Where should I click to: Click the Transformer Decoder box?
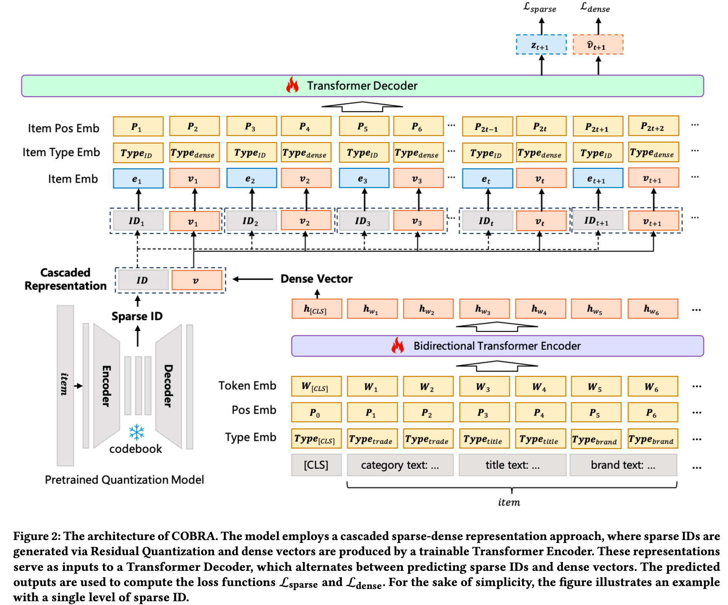tap(362, 86)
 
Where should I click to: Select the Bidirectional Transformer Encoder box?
tap(497, 346)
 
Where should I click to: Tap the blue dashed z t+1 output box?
tap(541, 45)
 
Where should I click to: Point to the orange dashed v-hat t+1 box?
tap(598, 45)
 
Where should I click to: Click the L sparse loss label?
tap(540, 7)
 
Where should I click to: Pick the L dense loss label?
tap(595, 7)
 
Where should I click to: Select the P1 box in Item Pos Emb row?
tap(138, 127)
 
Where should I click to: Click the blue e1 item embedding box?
tap(138, 178)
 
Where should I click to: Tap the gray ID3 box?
tap(363, 221)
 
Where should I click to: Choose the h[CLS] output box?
tap(316, 309)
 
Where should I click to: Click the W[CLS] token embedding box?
tap(316, 386)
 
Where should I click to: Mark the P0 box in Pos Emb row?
tap(316, 413)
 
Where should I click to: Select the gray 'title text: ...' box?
tap(512, 465)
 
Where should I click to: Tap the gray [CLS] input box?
tap(316, 465)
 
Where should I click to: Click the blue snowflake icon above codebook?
tap(137, 432)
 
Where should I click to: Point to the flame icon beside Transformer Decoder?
tap(292, 85)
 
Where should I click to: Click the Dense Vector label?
tap(316, 279)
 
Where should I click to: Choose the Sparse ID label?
tap(137, 316)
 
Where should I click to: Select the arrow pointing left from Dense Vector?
tap(253, 279)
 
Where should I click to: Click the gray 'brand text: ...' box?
tap(623, 465)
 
